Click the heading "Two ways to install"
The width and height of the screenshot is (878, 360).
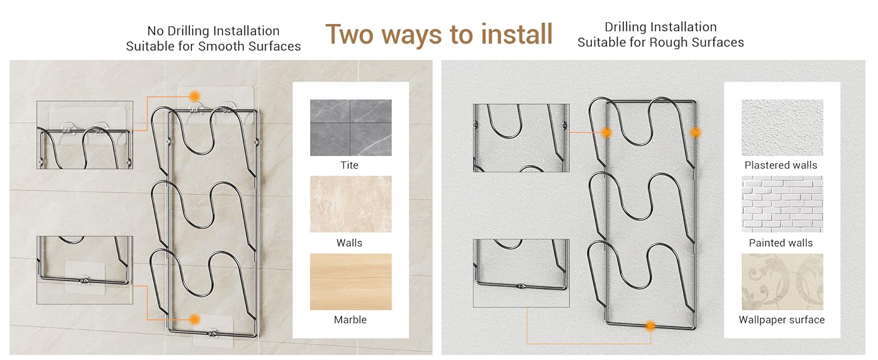[439, 35]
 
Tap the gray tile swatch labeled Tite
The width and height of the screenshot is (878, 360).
[351, 127]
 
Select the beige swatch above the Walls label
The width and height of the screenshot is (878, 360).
[351, 204]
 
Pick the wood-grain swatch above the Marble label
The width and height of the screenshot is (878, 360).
[351, 281]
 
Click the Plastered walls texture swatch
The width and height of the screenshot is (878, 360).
[783, 127]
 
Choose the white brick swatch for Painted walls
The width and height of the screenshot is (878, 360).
[783, 204]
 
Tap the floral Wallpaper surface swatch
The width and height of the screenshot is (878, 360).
[783, 281]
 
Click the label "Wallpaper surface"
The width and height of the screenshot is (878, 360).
[781, 320]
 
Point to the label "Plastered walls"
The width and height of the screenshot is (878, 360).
[781, 165]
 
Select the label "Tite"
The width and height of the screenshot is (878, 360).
[349, 165]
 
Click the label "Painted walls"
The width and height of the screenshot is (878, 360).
[781, 243]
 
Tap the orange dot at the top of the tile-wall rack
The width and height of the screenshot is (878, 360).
[194, 96]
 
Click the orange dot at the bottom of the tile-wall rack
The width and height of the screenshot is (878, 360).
[194, 320]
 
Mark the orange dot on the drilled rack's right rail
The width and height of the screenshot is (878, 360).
[696, 133]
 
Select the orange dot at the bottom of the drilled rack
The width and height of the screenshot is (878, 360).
[650, 326]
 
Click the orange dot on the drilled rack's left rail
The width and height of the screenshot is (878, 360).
[606, 133]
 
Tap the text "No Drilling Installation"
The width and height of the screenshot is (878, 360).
[214, 31]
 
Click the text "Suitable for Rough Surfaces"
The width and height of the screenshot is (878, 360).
[660, 43]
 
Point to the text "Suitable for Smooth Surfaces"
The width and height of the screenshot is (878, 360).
[214, 46]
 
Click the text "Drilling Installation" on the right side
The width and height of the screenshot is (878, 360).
[660, 27]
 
